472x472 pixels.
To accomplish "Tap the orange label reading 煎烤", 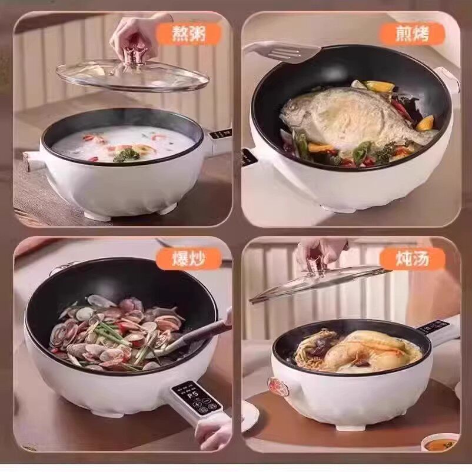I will (412, 34).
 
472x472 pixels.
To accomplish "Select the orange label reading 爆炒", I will (188, 259).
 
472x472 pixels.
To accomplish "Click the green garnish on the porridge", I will (127, 155).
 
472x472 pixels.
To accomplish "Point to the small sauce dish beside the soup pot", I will (440, 443).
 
